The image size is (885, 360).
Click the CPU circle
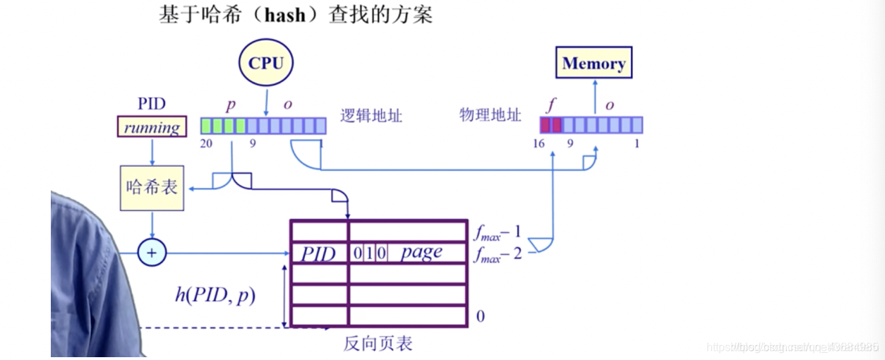265,64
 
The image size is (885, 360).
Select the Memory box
594,64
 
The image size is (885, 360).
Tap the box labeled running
152,128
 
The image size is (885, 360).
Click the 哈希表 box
152,188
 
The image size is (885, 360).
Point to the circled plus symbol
151,253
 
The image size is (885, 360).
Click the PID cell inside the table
319,253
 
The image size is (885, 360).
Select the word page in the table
421,252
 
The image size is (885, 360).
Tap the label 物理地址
490,116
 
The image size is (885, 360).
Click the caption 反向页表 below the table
378,344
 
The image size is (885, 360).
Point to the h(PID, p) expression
215,295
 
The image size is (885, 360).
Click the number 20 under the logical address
207,143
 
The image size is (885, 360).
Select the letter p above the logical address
231,106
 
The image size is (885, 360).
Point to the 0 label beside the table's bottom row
481,316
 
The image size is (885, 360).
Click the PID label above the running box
152,104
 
